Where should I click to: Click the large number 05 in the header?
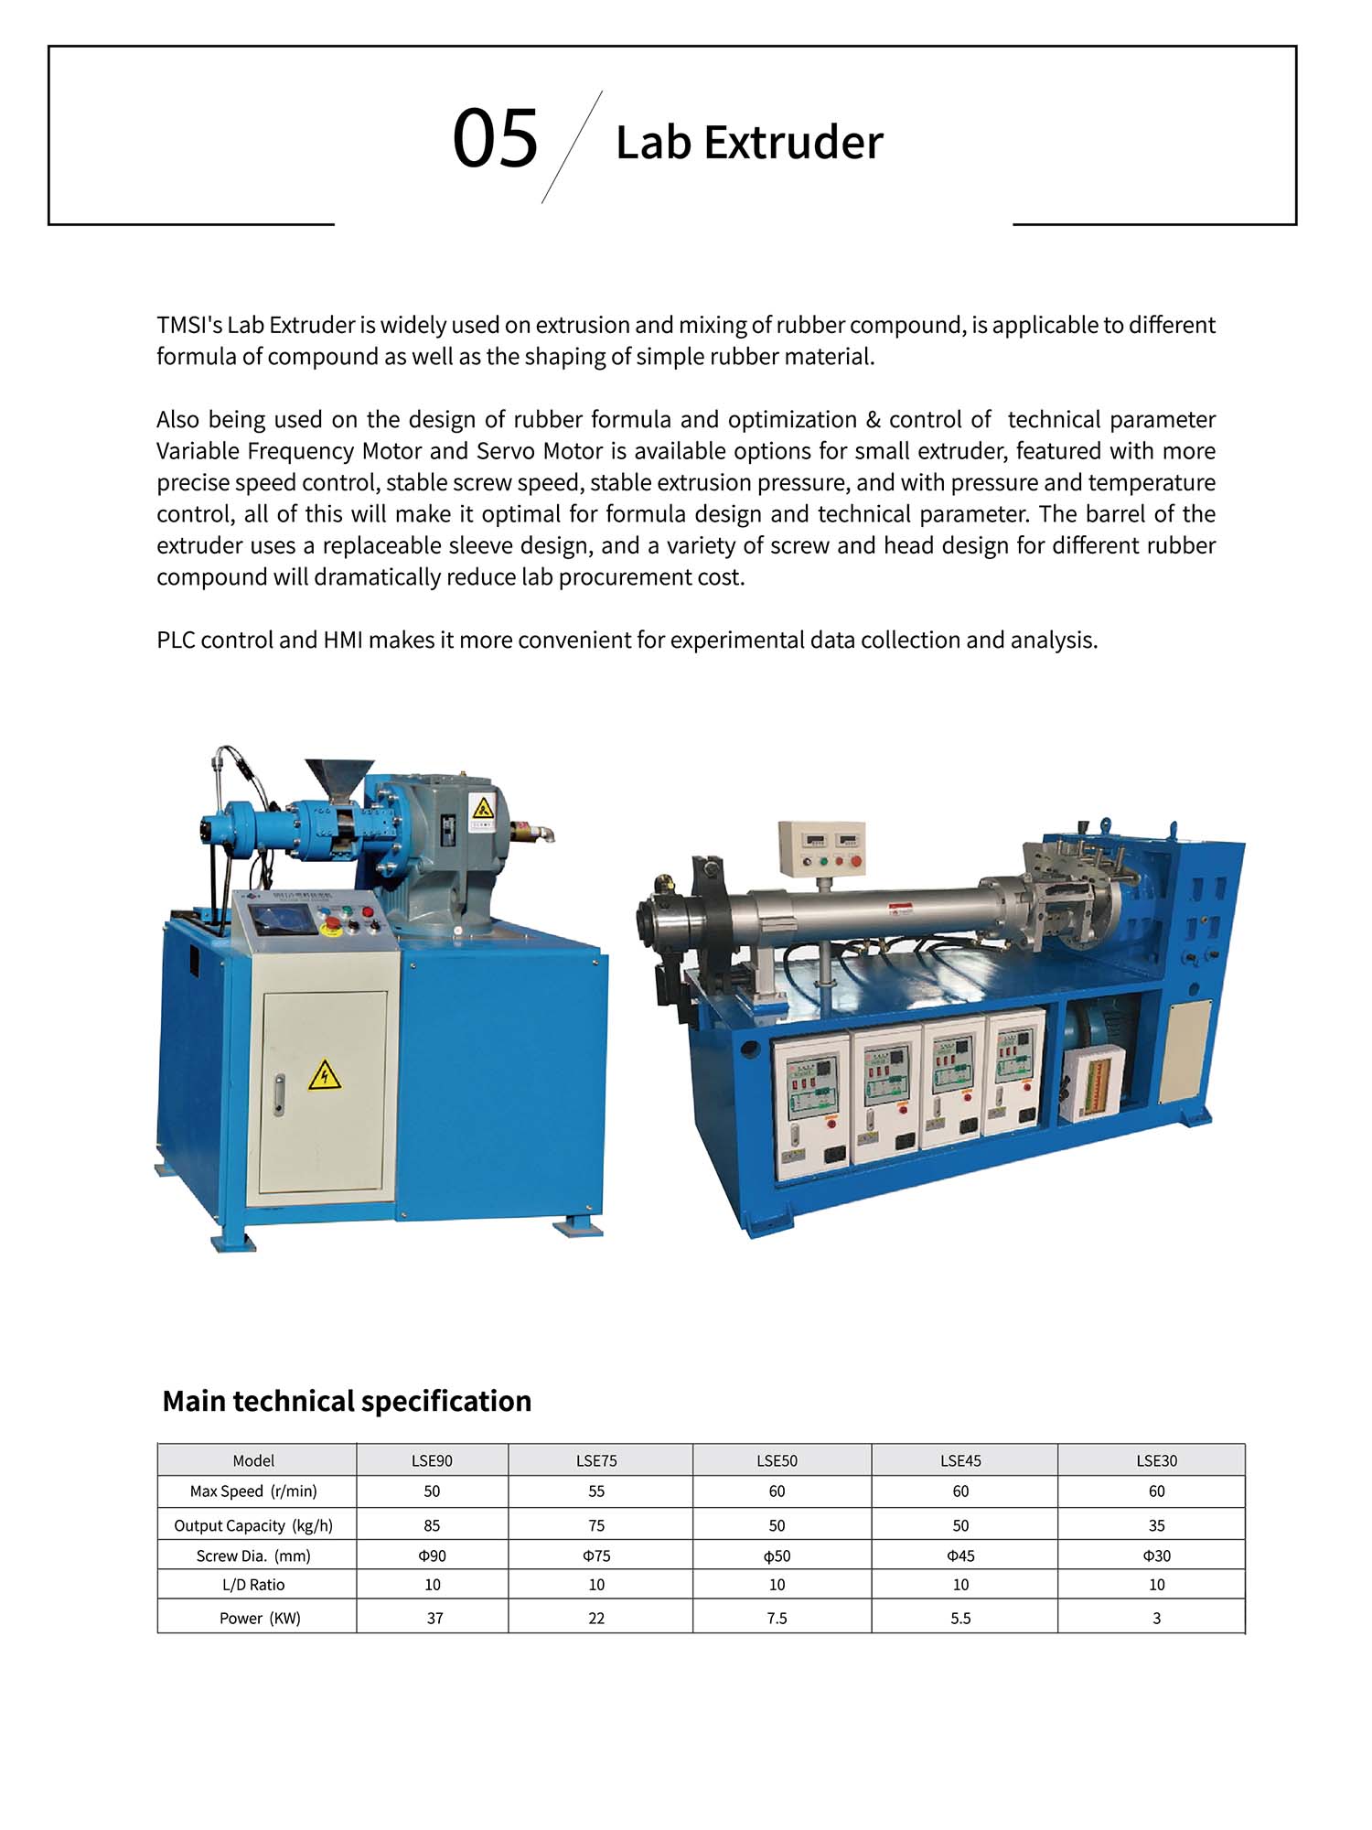tap(495, 139)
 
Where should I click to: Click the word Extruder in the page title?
tap(794, 143)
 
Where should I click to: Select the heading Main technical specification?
tap(347, 1401)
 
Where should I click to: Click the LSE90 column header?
tap(432, 1460)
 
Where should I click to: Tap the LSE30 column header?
tap(1156, 1460)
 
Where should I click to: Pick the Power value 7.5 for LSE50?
tap(777, 1618)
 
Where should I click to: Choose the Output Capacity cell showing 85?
tap(432, 1525)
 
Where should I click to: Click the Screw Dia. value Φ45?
tap(960, 1555)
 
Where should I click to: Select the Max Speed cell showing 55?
tap(596, 1491)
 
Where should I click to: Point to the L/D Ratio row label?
tap(253, 1585)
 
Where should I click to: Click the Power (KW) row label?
tap(260, 1618)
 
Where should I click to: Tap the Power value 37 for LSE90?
tap(434, 1618)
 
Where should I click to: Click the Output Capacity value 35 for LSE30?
tap(1156, 1525)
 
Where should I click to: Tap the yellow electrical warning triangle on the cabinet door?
tap(324, 1075)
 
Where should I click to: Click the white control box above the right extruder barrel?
tap(822, 845)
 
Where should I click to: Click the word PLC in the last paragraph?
tap(176, 640)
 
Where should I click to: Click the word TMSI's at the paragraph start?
tap(189, 325)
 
